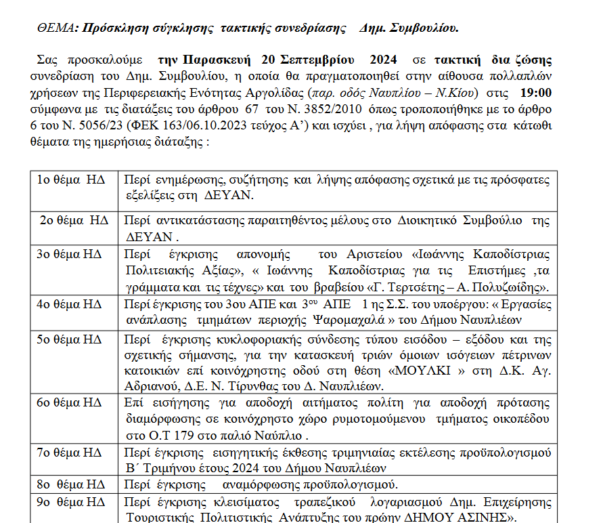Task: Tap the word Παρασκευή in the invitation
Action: (x=215, y=59)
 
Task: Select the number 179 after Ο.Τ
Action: (x=180, y=435)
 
